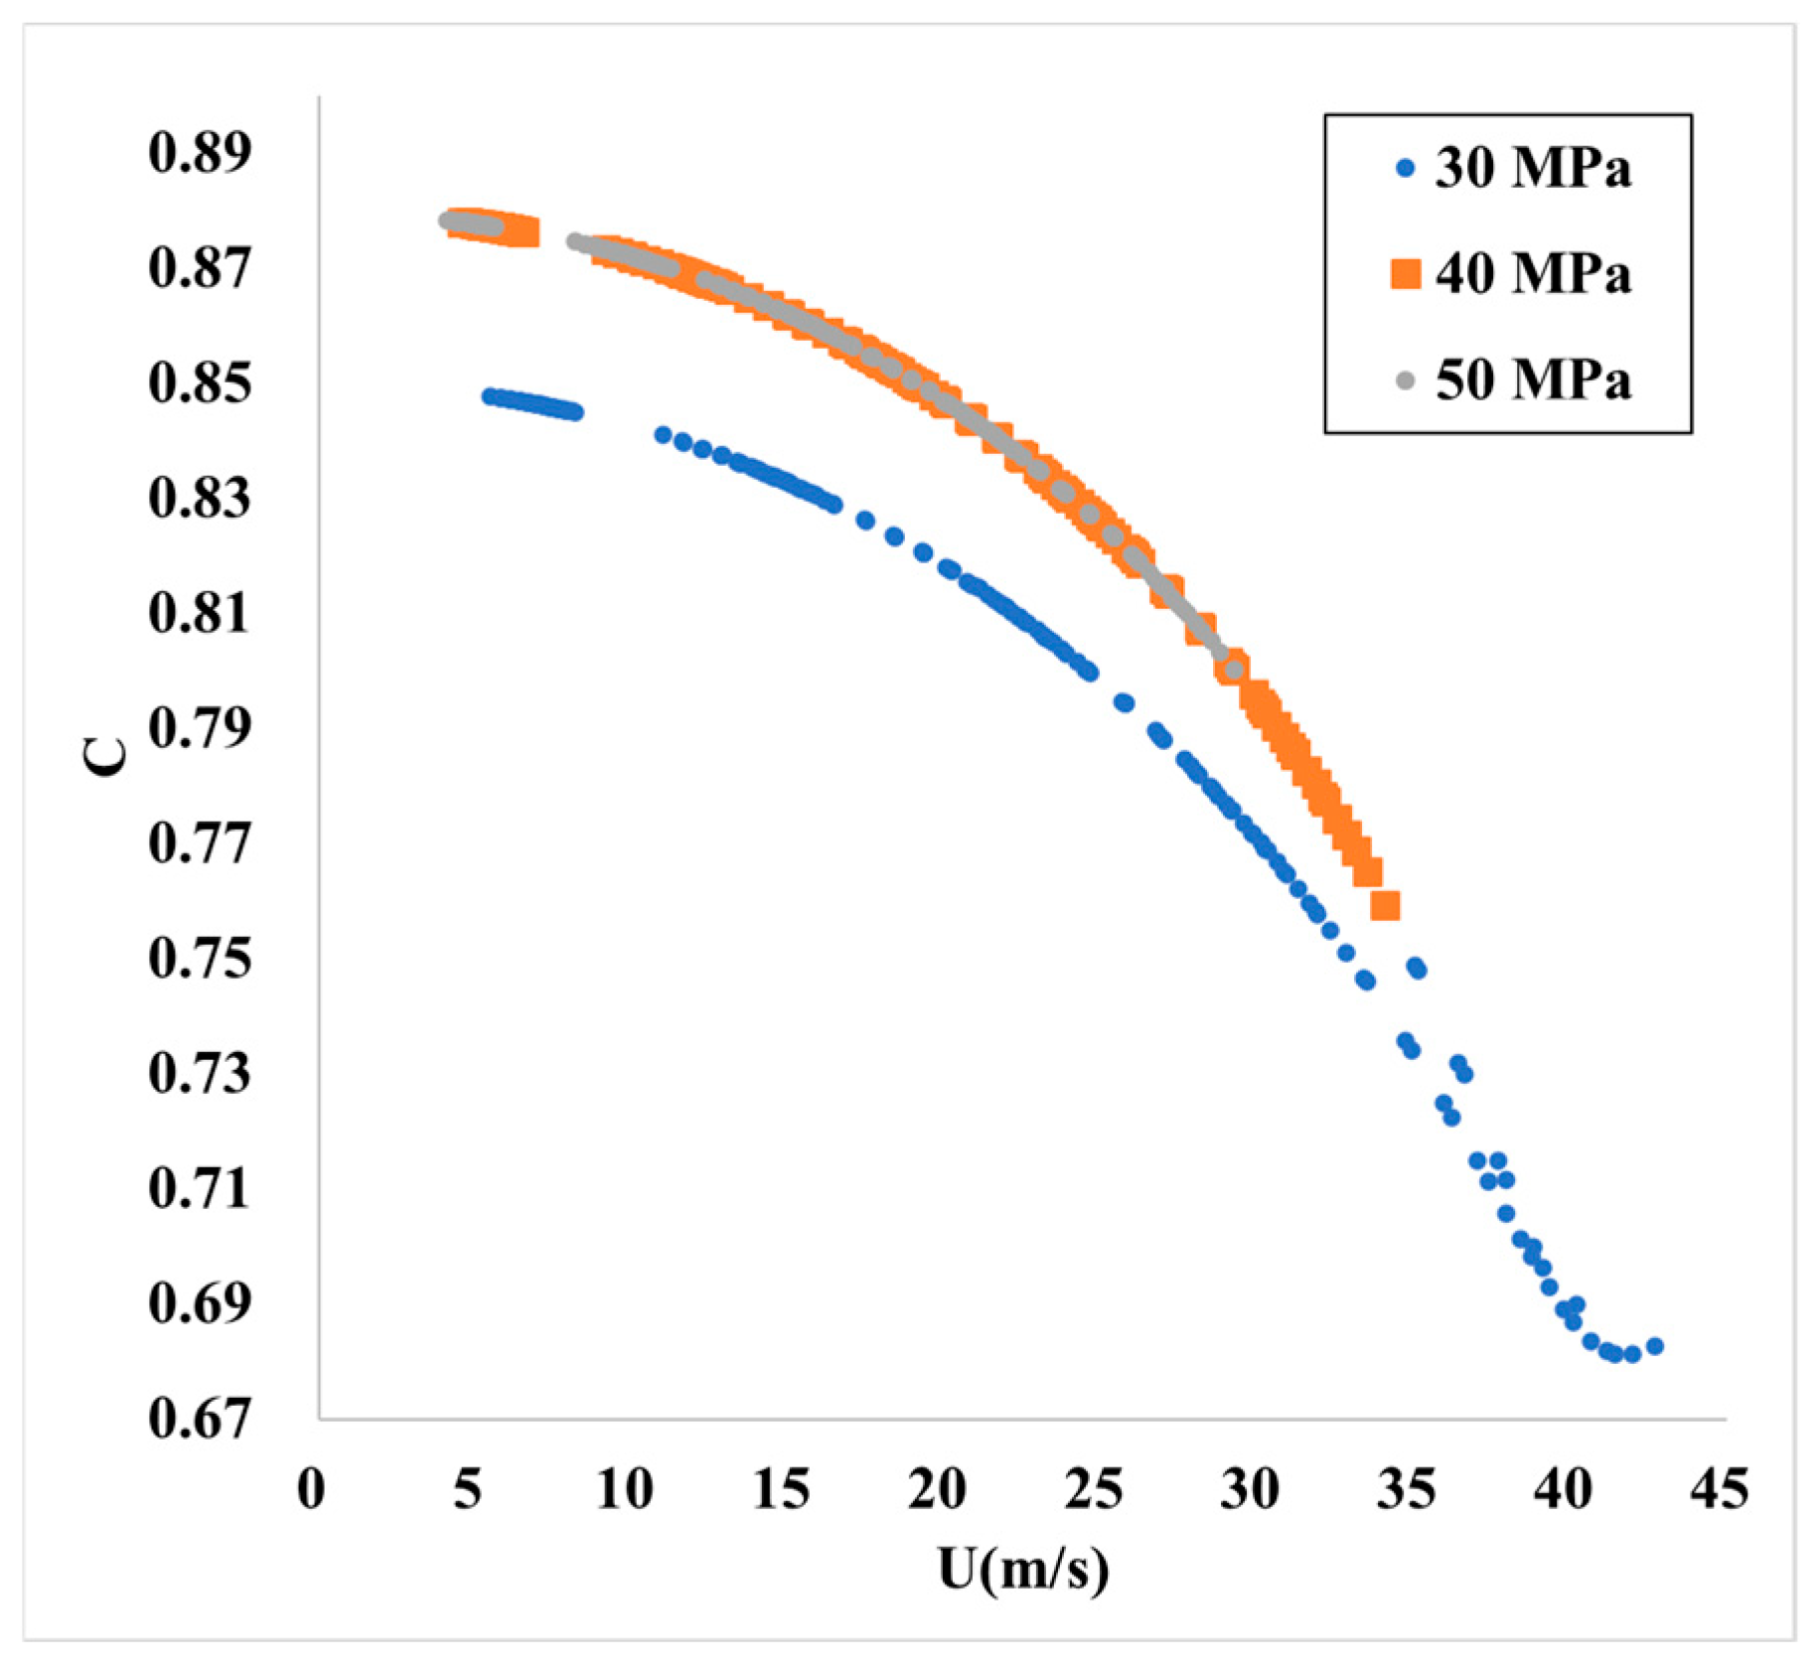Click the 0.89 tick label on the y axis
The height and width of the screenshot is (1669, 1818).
point(200,153)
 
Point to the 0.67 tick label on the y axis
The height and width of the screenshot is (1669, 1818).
point(200,1419)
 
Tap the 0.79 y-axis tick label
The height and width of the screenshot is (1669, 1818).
point(200,728)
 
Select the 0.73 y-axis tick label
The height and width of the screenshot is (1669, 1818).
point(200,1074)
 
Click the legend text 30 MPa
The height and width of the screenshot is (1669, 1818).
point(1532,168)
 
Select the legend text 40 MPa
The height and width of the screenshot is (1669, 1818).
point(1532,274)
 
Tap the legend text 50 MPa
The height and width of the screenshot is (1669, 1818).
point(1532,380)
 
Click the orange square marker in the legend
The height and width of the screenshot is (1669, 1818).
point(1405,273)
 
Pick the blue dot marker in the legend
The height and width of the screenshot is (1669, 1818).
point(1405,168)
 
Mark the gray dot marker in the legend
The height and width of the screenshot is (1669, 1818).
point(1405,380)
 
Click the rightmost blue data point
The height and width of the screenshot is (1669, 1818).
point(1655,1346)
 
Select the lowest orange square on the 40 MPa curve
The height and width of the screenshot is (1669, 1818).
point(1385,905)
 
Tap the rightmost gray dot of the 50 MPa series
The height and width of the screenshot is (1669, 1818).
point(1234,671)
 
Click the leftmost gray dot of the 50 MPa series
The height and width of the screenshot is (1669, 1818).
point(447,221)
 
